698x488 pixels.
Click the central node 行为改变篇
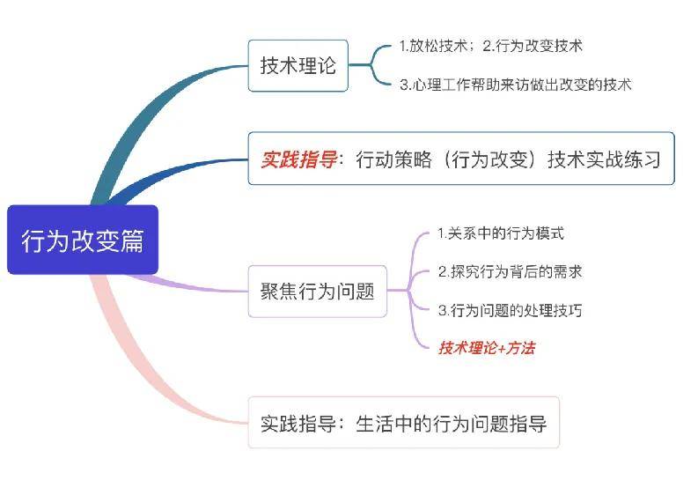click(x=83, y=240)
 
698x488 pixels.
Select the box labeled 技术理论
click(x=298, y=65)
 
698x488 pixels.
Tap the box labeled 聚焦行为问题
click(x=318, y=292)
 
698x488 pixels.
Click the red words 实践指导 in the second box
click(x=298, y=159)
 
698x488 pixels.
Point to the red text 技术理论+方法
click(x=487, y=348)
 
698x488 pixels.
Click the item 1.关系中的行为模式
click(x=501, y=233)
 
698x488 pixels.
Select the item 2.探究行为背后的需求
click(x=511, y=271)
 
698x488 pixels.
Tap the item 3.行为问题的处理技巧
click(x=511, y=310)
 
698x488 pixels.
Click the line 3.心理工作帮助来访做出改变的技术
click(x=516, y=85)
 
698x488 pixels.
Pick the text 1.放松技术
click(x=433, y=46)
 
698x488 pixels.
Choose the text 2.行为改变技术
click(x=533, y=46)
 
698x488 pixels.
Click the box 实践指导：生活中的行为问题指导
click(x=404, y=422)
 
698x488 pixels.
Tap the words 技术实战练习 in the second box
click(x=604, y=159)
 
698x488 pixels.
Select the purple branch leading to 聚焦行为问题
click(x=187, y=285)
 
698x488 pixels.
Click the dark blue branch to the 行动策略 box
click(x=173, y=173)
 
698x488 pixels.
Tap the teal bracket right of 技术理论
click(x=371, y=65)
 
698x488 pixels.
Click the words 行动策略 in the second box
click(x=394, y=159)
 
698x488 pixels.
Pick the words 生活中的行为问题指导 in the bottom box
click(x=452, y=423)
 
